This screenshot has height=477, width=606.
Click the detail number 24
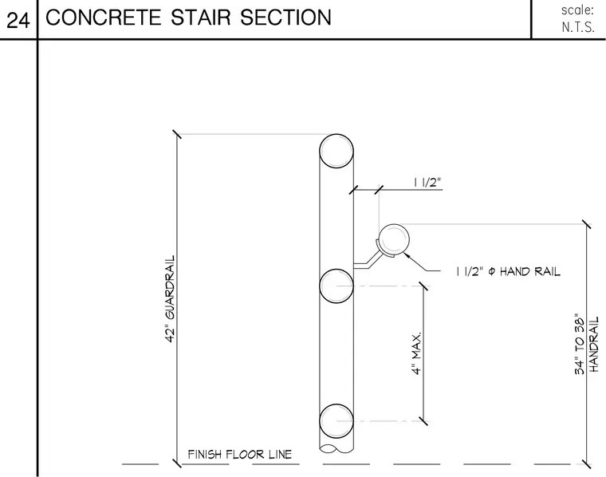coord(18,20)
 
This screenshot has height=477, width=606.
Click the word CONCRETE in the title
coord(103,18)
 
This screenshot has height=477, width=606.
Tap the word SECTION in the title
coord(285,18)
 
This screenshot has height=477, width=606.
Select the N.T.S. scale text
coord(578,27)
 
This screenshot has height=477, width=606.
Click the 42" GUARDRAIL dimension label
coord(170,299)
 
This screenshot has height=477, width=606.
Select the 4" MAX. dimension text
coord(416,353)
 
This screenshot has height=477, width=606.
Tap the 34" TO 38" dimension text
coord(580,344)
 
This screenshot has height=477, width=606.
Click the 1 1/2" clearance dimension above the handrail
coord(427,182)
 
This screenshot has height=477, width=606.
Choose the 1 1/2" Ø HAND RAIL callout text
coord(508,271)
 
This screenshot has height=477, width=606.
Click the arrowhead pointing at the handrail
coord(407,255)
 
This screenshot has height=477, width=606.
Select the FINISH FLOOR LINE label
coord(240,454)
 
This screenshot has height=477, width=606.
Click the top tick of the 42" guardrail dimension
coord(177,134)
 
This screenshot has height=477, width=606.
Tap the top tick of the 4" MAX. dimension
coord(424,286)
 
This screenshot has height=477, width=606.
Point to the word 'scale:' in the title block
coord(577,10)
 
